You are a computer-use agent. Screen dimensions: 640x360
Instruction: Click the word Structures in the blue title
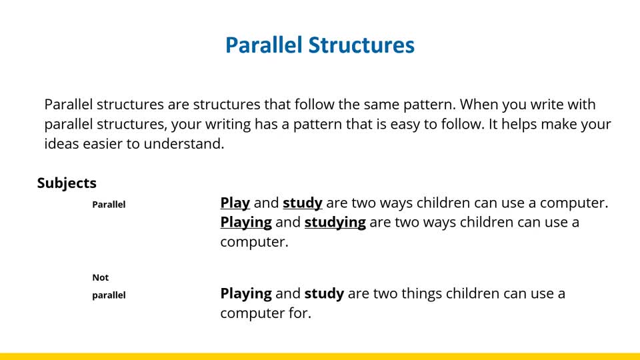[x=361, y=45]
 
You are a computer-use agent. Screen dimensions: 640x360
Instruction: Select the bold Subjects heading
[x=67, y=183]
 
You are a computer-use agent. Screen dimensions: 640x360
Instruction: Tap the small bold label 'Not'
[x=101, y=277]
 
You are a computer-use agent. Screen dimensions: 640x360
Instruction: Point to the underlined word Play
[x=235, y=203]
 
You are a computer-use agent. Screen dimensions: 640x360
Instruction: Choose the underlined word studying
[x=335, y=223]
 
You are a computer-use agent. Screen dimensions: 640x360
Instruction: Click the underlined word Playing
[x=246, y=223]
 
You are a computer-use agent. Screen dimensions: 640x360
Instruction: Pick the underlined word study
[x=303, y=203]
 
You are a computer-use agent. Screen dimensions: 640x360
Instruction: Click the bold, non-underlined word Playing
[x=246, y=293]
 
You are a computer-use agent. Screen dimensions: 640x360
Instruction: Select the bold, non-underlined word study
[x=325, y=293]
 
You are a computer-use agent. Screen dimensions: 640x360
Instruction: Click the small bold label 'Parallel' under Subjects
[x=109, y=205]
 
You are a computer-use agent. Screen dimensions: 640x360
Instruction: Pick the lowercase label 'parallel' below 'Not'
[x=109, y=295]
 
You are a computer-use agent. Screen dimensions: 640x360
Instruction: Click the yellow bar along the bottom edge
[x=320, y=356]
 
